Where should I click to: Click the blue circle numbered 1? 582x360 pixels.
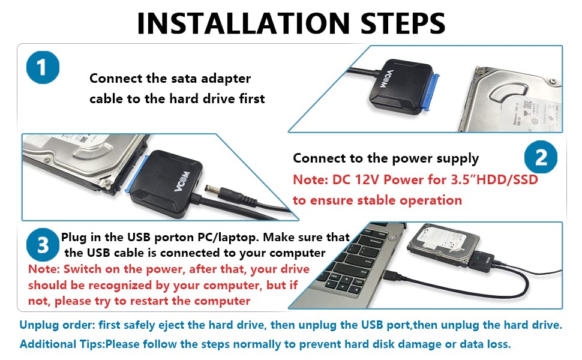pyautogui.click(x=42, y=67)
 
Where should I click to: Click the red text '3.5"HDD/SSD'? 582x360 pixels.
pyautogui.click(x=496, y=179)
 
